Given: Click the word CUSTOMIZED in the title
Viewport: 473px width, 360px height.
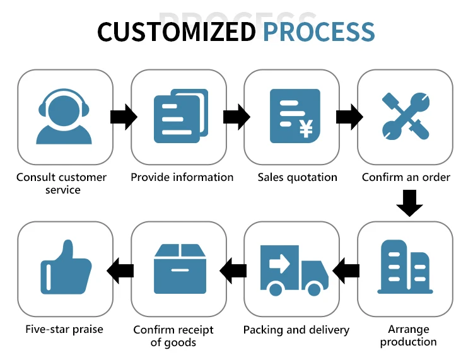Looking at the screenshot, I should pos(177,32).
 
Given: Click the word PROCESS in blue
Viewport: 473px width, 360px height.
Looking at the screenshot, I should pos(318,32).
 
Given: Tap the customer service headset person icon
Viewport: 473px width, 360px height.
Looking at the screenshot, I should pos(64,117).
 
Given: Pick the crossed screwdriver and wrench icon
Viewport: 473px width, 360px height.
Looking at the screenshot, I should pos(406,116).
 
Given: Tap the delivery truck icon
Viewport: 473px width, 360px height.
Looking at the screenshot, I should pos(294,270).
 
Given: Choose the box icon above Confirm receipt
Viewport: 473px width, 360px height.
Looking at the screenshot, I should pos(180,269).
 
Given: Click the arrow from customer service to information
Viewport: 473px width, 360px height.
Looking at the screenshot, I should pos(123,117).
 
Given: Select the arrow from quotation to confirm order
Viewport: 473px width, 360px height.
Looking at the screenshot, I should pos(349,117).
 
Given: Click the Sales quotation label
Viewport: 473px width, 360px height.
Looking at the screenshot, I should pos(297,177).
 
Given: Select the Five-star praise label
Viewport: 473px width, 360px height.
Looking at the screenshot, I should pos(64,328).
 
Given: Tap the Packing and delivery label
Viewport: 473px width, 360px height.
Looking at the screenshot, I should pos(296,330).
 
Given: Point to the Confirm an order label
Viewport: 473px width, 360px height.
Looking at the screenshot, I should pos(406,177).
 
